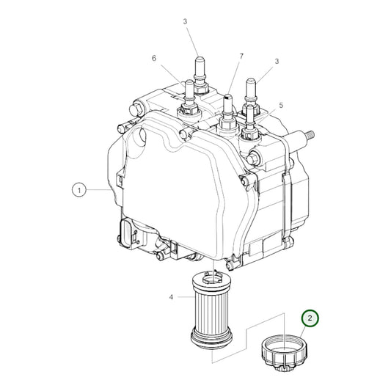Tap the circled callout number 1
[x=78, y=190]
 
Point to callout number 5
[x=280, y=106]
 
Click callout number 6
[x=154, y=58]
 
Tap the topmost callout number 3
[x=185, y=22]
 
